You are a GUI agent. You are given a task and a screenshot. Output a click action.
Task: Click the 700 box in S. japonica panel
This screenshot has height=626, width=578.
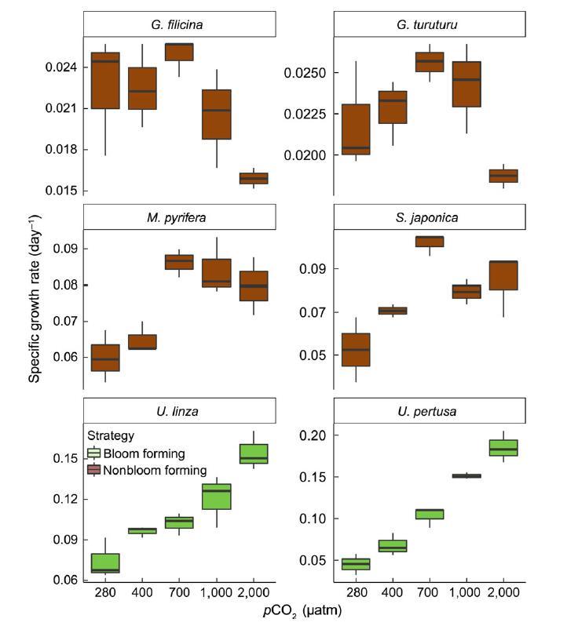coord(429,241)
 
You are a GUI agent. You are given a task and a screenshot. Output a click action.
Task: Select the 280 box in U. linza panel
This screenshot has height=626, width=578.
coord(104,562)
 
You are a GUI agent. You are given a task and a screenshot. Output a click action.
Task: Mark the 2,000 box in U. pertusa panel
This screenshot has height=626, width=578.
coord(503,447)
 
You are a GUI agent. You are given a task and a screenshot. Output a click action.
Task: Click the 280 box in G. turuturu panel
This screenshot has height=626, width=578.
coord(355,129)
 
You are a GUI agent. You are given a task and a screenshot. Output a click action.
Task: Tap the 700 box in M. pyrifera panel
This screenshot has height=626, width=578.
coord(178,261)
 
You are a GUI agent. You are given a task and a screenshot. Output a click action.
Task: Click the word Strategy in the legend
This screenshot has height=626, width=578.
coord(111,435)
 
